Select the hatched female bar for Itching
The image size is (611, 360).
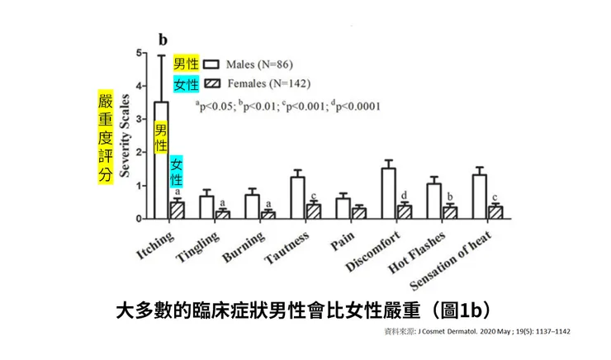tap(177, 210)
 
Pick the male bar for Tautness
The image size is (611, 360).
tap(298, 197)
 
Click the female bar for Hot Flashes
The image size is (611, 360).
tap(449, 212)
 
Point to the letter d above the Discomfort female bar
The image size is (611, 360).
tap(404, 196)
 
